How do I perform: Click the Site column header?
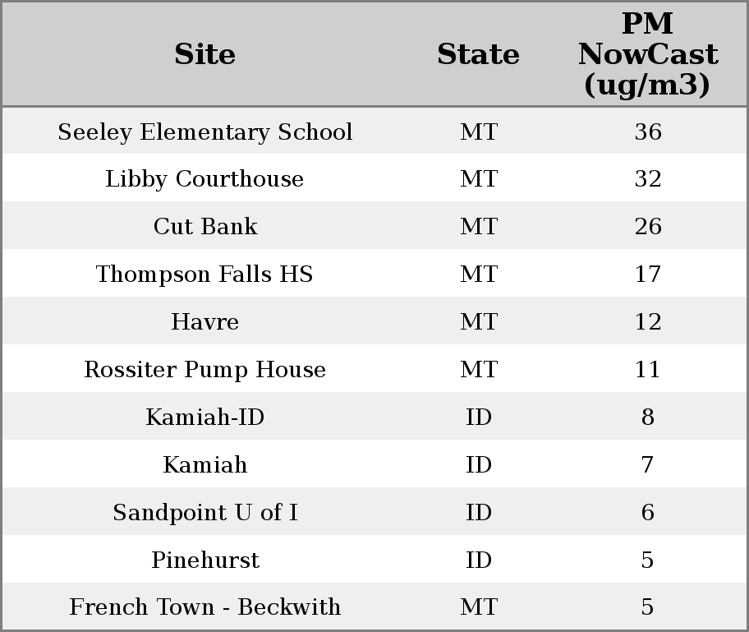click(x=204, y=54)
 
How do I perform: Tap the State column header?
click(x=478, y=54)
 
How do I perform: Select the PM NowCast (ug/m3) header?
click(x=647, y=54)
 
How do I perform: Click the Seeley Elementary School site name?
click(x=204, y=132)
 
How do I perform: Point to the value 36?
click(x=647, y=132)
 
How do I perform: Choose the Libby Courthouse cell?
click(x=204, y=179)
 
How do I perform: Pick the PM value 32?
click(x=647, y=179)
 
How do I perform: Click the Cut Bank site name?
click(x=204, y=227)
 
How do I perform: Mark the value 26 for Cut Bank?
click(x=647, y=227)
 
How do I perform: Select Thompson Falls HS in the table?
click(x=204, y=274)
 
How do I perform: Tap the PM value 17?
click(x=647, y=274)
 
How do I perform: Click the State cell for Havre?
click(x=478, y=322)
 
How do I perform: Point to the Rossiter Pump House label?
click(x=204, y=370)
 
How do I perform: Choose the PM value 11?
click(x=647, y=370)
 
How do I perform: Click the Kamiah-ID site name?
click(x=204, y=417)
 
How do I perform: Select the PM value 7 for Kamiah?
click(x=647, y=465)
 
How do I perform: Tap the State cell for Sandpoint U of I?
click(x=478, y=513)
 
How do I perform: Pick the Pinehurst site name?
click(x=204, y=560)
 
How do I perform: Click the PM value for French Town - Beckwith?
click(x=647, y=607)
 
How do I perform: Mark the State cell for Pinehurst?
click(x=478, y=560)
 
